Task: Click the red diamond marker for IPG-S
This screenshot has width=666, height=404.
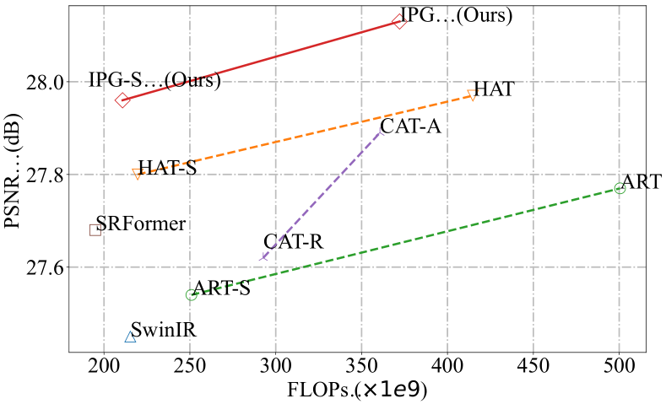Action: pyautogui.click(x=123, y=100)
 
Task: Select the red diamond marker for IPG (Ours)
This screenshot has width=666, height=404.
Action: pyautogui.click(x=399, y=20)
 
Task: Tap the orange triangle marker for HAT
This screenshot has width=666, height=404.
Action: pyautogui.click(x=472, y=95)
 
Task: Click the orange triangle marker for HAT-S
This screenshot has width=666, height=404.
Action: pyautogui.click(x=137, y=173)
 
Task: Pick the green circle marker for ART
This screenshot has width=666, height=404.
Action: pyautogui.click(x=620, y=188)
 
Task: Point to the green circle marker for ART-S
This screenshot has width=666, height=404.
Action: pyautogui.click(x=191, y=294)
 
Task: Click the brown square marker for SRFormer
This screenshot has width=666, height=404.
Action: pyautogui.click(x=95, y=229)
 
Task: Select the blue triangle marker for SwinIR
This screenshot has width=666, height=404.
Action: pyautogui.click(x=130, y=337)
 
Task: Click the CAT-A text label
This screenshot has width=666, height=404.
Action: pyautogui.click(x=411, y=127)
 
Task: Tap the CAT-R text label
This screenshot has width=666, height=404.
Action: pyautogui.click(x=293, y=243)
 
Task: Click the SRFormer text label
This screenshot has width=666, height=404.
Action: pyautogui.click(x=141, y=224)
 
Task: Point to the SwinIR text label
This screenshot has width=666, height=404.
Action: pyautogui.click(x=164, y=331)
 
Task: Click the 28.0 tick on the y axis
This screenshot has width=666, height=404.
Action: pyautogui.click(x=48, y=82)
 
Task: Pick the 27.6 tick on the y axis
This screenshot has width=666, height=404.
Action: pyautogui.click(x=48, y=267)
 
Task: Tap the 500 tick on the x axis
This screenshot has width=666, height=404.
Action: pyautogui.click(x=619, y=369)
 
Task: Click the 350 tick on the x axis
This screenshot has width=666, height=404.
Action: pyautogui.click(x=361, y=369)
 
